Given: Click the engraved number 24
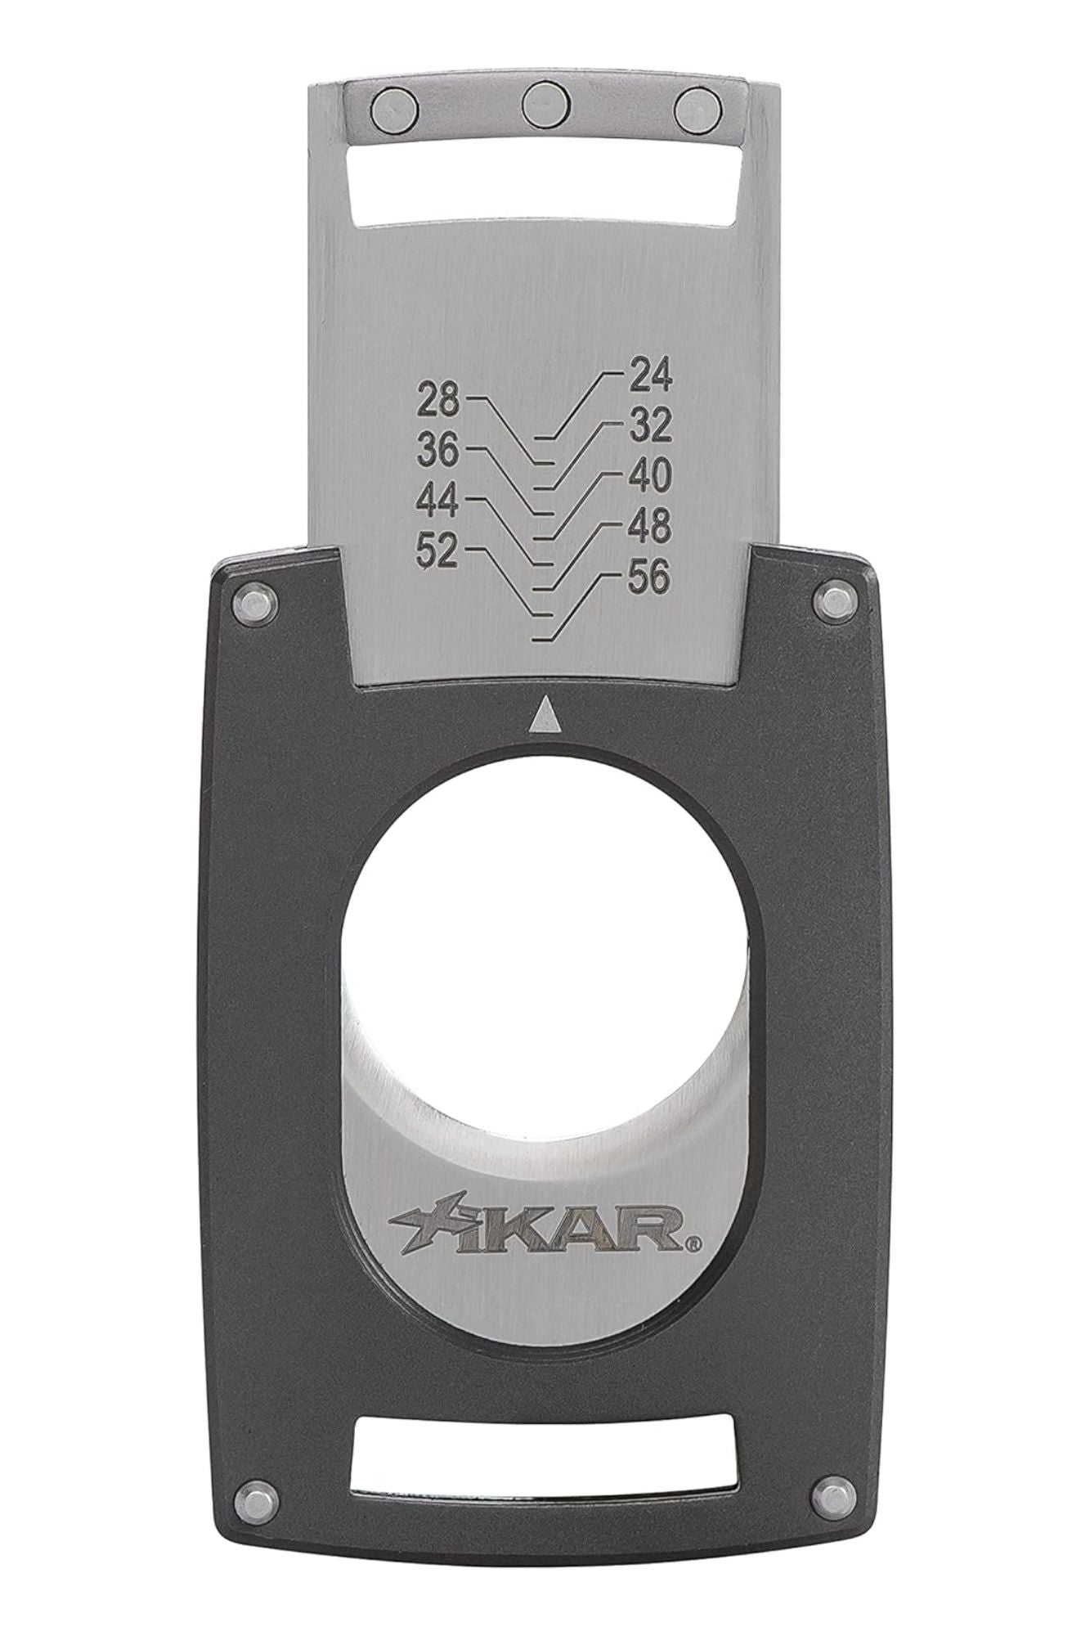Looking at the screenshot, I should tap(650, 376).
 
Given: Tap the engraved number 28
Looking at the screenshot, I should tap(439, 402).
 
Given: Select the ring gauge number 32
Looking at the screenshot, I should tap(650, 426).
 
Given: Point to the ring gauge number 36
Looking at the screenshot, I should tap(439, 451).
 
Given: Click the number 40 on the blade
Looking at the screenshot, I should tap(650, 476).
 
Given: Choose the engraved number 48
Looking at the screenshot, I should tap(650, 527).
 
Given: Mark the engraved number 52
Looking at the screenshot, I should tap(439, 552).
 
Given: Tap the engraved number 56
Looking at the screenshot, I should tap(650, 578).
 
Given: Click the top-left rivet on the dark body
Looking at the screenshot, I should tap(255, 606).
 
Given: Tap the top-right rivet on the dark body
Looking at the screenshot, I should tap(837, 604).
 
